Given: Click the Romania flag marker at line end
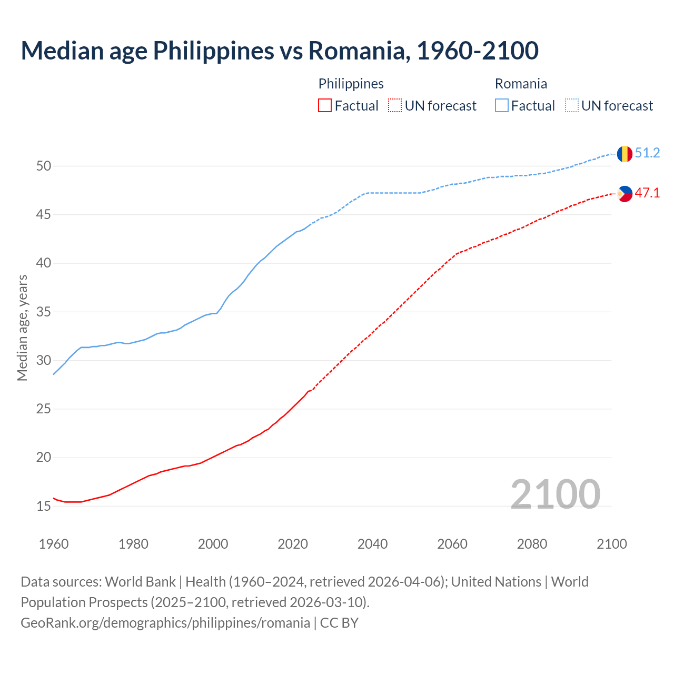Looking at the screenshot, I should [625, 154].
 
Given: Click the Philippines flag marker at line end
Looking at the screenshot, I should [625, 194].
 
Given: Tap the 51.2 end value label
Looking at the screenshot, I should [647, 153].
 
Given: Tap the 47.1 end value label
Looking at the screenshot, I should [647, 193].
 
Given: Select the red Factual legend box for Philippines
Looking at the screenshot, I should [325, 106].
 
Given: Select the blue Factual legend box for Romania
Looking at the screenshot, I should [502, 106].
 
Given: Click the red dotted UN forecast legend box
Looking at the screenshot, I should [395, 106].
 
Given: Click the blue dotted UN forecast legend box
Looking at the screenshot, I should [572, 106].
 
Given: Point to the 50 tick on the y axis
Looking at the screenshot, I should [44, 166].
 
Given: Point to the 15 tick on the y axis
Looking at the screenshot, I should [44, 507].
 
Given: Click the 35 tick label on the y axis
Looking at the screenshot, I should [44, 312].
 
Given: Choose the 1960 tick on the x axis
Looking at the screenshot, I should [54, 544].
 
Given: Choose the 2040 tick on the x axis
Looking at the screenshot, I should [372, 544].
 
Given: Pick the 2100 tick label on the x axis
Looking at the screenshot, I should [611, 544].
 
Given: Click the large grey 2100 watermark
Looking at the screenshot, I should [555, 494].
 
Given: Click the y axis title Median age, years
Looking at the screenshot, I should [22, 328].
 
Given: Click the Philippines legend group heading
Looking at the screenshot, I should [351, 84].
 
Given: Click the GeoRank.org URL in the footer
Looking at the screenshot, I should [165, 623].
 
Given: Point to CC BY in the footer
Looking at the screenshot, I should [339, 623].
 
